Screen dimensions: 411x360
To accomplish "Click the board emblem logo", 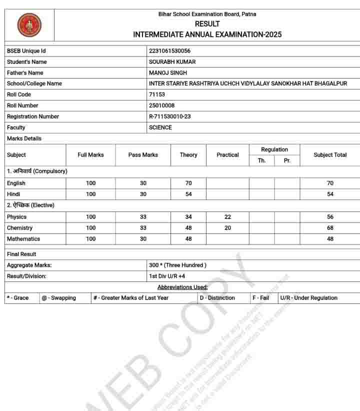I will click(29, 25).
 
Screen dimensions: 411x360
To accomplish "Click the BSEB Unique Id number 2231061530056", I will click(169, 51).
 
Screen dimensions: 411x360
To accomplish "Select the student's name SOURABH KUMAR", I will click(172, 62).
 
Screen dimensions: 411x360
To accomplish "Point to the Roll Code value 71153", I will click(157, 94).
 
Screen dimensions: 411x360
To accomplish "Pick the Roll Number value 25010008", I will click(161, 105).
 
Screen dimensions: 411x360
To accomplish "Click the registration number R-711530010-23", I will click(170, 116).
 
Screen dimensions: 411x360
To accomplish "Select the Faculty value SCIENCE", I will click(160, 127).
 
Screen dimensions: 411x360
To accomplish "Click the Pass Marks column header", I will click(143, 155).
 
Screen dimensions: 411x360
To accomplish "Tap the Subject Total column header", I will click(330, 155).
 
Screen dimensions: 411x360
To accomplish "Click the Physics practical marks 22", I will click(227, 217).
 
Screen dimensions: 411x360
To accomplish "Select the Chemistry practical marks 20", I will click(227, 228).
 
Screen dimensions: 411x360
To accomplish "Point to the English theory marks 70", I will click(188, 183).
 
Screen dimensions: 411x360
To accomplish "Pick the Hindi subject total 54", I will click(330, 194).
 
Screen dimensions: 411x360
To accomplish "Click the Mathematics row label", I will click(23, 239).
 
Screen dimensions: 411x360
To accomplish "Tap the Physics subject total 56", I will click(330, 217).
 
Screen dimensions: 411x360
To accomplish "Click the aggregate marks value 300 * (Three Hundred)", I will click(177, 265).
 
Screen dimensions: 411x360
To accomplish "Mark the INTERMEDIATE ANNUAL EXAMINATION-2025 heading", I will click(207, 34).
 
